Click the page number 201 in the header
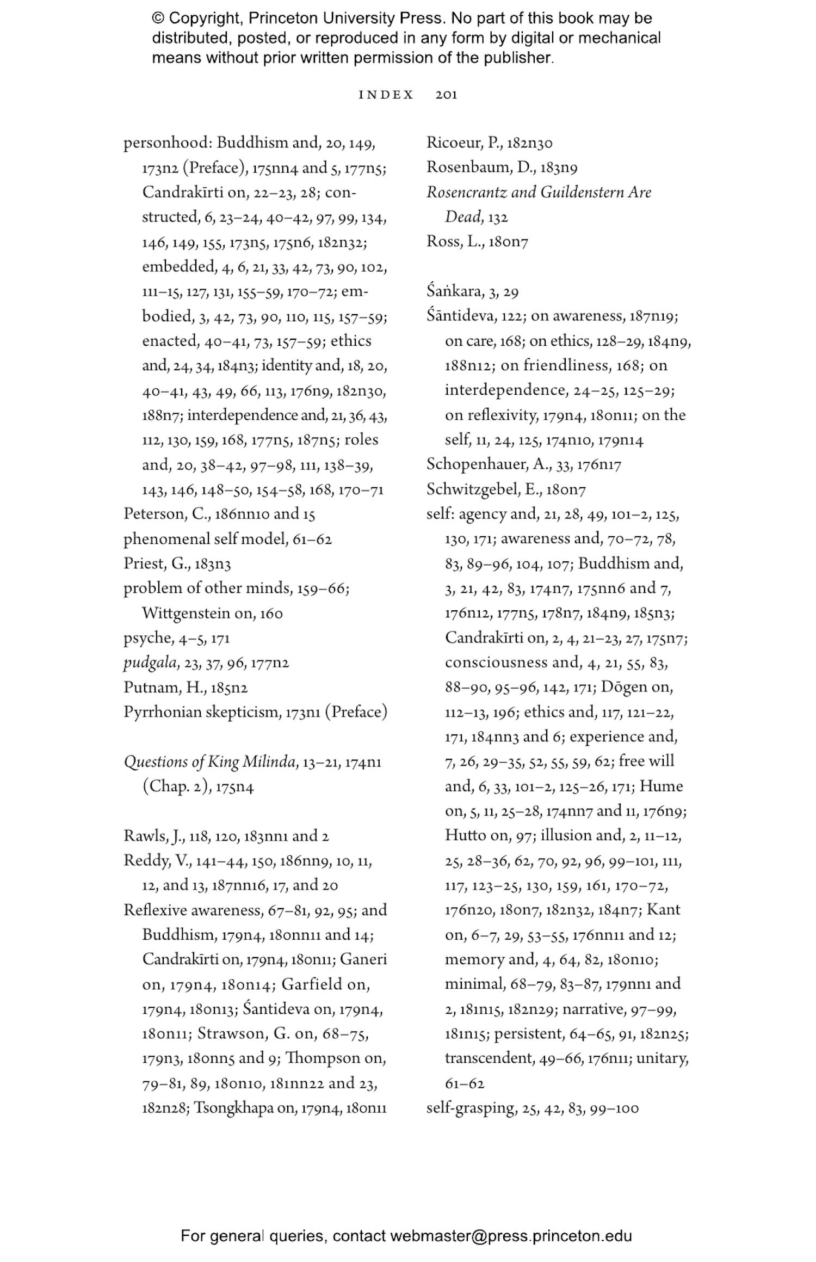click(x=446, y=95)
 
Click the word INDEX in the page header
click(x=386, y=95)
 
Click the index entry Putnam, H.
click(x=163, y=688)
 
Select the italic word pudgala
click(x=143, y=663)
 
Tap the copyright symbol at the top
click(x=158, y=19)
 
